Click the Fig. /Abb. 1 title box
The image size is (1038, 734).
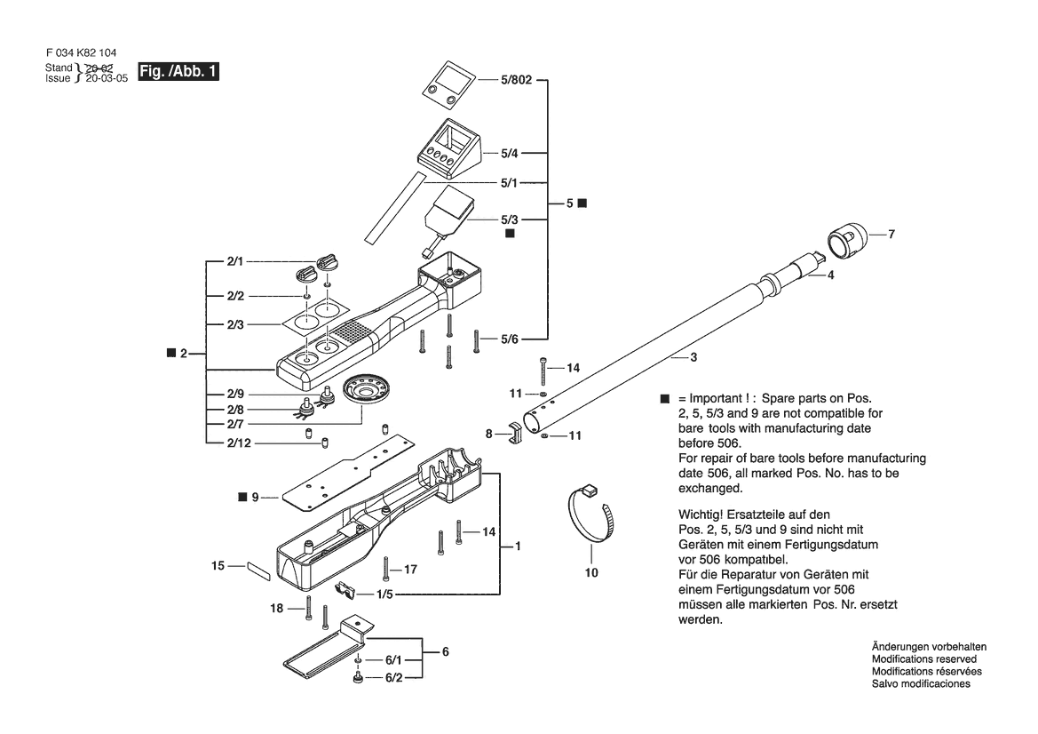178,72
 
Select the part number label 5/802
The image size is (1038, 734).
517,80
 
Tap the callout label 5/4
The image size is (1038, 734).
509,154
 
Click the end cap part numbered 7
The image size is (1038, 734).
847,241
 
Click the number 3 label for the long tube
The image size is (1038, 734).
693,358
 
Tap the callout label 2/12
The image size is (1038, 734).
239,443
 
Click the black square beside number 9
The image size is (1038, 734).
242,496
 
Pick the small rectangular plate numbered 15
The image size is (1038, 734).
259,571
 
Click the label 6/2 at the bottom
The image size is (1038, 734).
393,678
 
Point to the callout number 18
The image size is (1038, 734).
277,608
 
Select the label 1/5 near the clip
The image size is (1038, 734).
384,594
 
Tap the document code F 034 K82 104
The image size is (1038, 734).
82,53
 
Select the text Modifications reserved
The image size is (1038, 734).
924,659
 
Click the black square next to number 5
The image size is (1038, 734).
582,203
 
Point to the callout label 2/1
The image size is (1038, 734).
235,261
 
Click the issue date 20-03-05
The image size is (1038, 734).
107,79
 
